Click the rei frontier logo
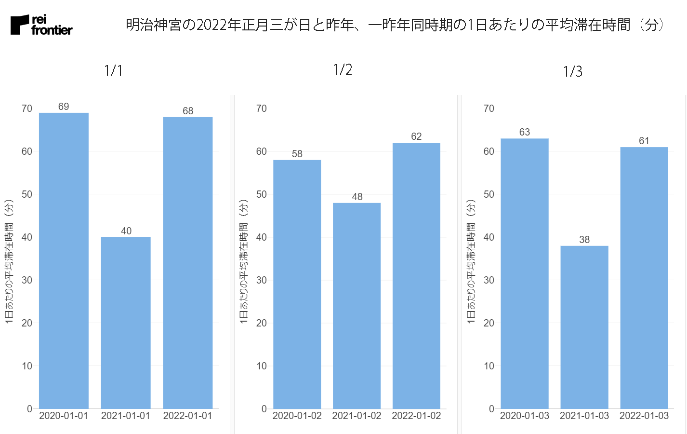(x=41, y=25)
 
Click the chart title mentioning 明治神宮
(x=395, y=25)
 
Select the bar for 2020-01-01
(x=64, y=260)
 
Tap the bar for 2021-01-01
(x=126, y=323)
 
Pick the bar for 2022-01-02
(x=416, y=275)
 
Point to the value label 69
(x=64, y=107)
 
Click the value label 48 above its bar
(x=357, y=197)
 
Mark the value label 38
(x=584, y=240)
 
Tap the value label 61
(x=644, y=141)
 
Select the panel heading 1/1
(x=113, y=71)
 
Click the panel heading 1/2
(x=343, y=70)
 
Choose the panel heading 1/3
(x=573, y=72)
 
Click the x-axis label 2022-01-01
(x=187, y=416)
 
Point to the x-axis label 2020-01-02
(x=297, y=416)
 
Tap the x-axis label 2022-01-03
(x=644, y=416)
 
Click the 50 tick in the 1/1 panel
(x=27, y=194)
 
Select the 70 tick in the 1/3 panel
(x=489, y=108)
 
